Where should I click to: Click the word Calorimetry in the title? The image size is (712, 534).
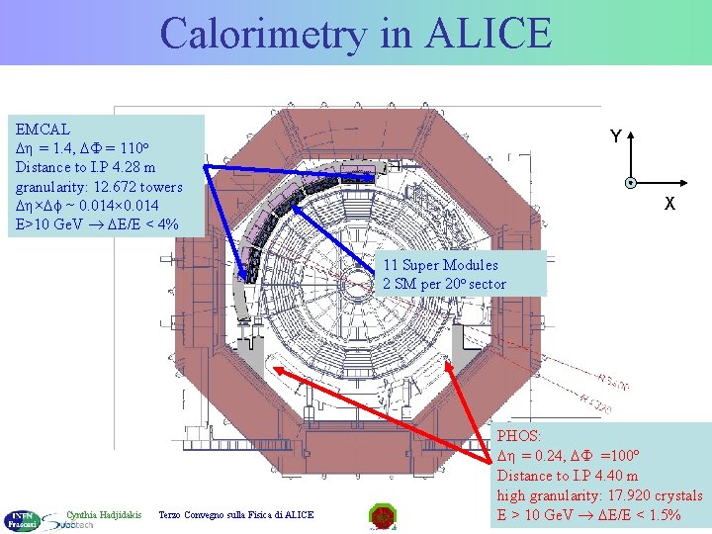click(x=262, y=33)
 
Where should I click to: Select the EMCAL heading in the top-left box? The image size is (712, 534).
click(x=44, y=129)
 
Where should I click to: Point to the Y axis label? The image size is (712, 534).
click(x=615, y=136)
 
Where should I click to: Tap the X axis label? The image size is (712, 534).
click(x=669, y=204)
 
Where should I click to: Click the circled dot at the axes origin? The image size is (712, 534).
click(x=629, y=183)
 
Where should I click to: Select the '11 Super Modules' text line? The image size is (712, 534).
click(x=440, y=265)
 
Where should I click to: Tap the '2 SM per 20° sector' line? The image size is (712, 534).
click(x=444, y=284)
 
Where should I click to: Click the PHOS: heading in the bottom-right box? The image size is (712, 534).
click(x=519, y=435)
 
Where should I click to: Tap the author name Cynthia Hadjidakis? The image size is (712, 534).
click(x=104, y=514)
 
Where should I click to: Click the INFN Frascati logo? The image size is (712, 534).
click(x=20, y=519)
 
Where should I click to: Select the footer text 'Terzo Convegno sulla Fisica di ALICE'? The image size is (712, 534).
click(x=236, y=514)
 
